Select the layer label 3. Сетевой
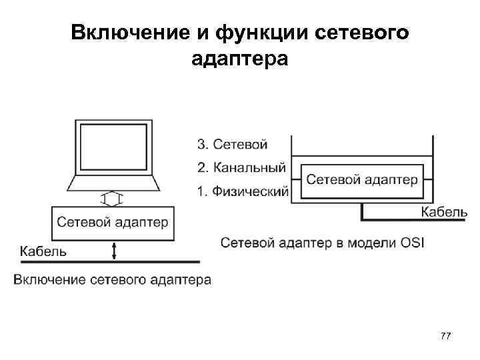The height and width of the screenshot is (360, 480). click(231, 143)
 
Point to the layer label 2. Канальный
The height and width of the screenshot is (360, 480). click(241, 167)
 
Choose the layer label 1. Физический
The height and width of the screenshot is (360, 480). click(243, 192)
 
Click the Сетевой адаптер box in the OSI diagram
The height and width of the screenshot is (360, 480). click(362, 180)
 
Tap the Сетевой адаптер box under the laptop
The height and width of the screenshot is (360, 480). click(113, 223)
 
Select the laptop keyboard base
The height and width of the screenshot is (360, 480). click(113, 183)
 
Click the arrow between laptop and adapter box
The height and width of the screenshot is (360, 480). click(113, 199)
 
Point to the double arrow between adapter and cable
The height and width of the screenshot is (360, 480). click(114, 251)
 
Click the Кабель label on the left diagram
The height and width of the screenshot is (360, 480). click(43, 251)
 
